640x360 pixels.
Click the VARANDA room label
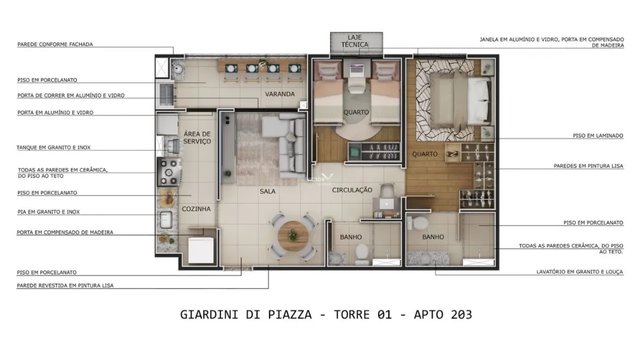tap(279, 94)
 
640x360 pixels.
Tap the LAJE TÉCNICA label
tap(355, 41)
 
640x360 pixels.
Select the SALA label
tap(267, 191)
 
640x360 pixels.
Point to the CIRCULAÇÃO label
tap(352, 190)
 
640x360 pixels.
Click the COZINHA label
tap(196, 209)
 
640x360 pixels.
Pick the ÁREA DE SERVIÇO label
tap(197, 137)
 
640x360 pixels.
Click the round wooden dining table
tap(293, 236)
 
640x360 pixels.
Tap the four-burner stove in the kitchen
tap(169, 172)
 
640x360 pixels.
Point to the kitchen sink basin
tap(166, 220)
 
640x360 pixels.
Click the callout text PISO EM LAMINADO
tap(598, 136)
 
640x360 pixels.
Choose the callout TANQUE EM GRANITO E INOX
tap(54, 148)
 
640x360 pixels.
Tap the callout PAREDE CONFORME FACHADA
tap(55, 44)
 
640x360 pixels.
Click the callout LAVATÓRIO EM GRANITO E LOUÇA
tap(580, 272)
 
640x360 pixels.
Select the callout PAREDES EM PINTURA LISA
tap(589, 166)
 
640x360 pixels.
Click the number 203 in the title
tap(461, 315)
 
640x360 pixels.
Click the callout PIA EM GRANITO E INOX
tap(49, 211)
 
